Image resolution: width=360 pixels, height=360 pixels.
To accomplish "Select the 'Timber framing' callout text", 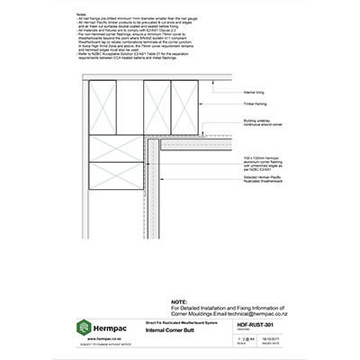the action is [255, 105].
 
